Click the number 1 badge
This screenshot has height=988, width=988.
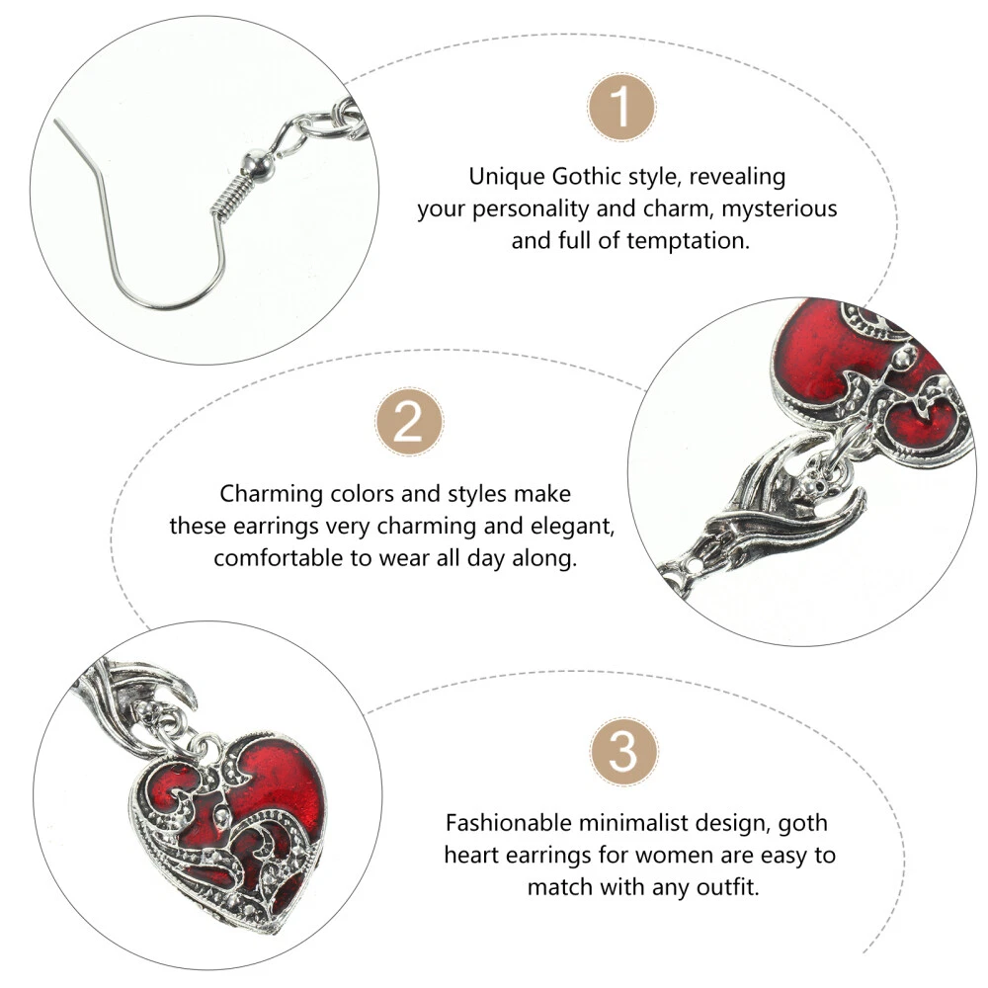pyautogui.click(x=621, y=107)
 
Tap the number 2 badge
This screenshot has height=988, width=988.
pyautogui.click(x=409, y=422)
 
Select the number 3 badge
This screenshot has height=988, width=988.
pyautogui.click(x=623, y=751)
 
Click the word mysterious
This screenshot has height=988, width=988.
pyautogui.click(x=780, y=207)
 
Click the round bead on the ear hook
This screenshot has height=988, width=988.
pyautogui.click(x=257, y=166)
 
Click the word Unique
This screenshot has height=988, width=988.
pyautogui.click(x=507, y=177)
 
